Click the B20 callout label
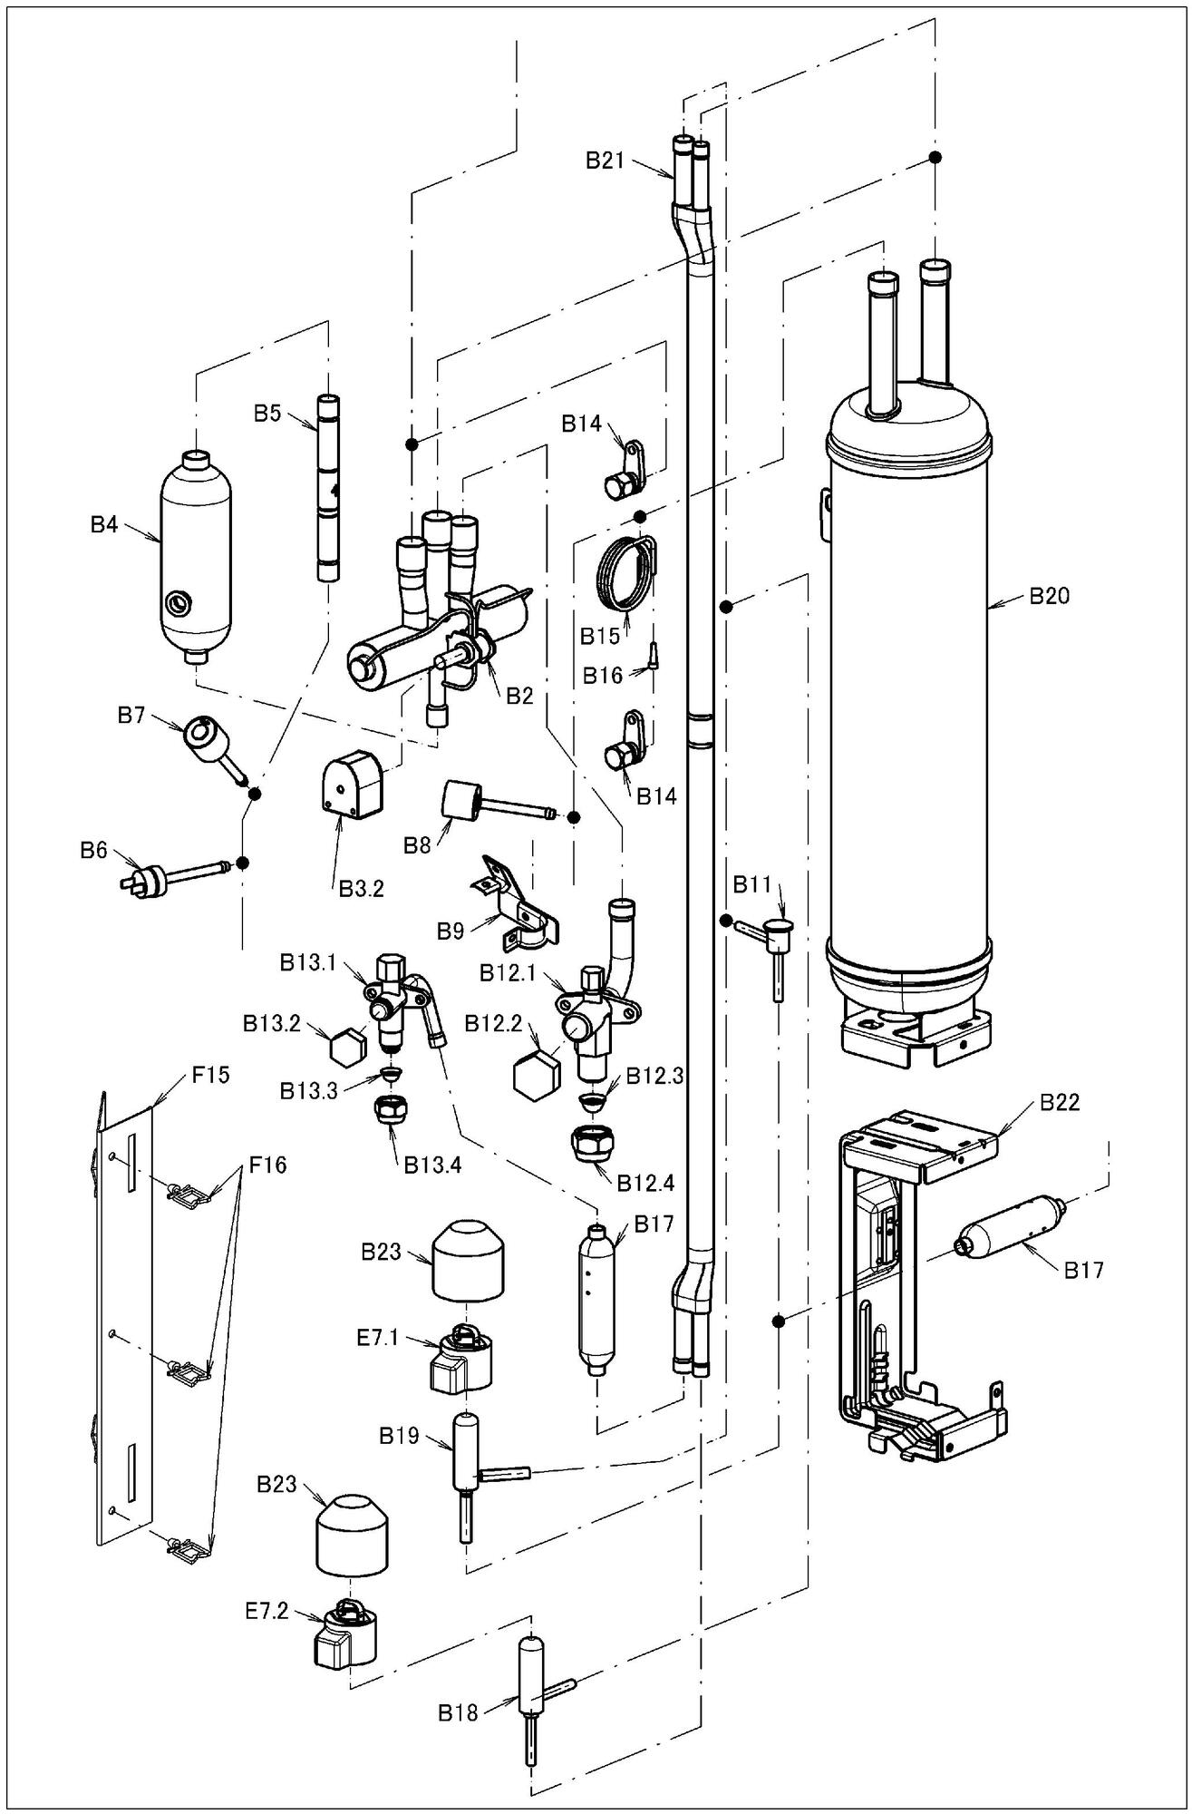point(1049,596)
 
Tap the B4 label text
point(104,524)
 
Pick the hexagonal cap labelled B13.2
point(344,1047)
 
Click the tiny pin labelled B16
point(653,654)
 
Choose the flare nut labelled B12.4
point(591,1144)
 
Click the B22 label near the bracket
point(1060,1102)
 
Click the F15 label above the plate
point(210,1076)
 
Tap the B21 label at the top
point(605,161)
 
